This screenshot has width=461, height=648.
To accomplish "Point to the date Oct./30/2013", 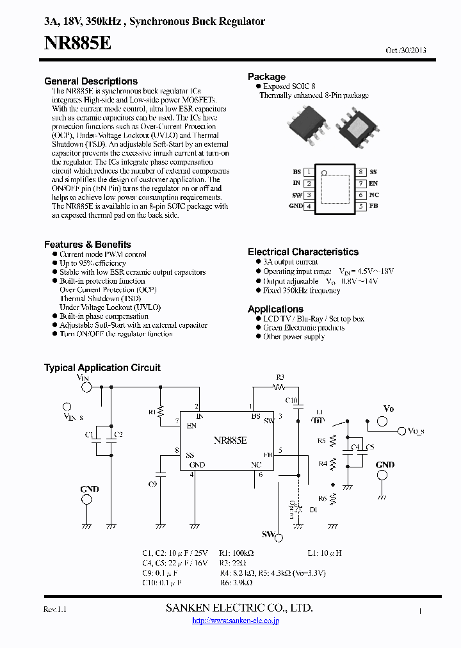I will tap(406, 51).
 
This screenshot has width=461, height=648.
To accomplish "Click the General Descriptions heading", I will tap(91, 81).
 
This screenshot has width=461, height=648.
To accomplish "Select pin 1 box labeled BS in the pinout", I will tap(309, 172).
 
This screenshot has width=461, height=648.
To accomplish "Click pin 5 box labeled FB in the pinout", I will tap(361, 206).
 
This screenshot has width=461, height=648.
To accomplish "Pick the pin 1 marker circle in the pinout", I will tap(324, 173).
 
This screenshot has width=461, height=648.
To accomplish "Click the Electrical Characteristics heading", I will tap(303, 252).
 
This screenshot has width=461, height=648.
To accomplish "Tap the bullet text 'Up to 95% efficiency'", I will tap(93, 263).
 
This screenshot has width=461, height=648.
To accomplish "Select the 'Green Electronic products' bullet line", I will tap(303, 328).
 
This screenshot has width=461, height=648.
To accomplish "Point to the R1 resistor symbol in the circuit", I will tap(161, 411).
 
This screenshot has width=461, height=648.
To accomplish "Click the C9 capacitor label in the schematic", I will tap(152, 483).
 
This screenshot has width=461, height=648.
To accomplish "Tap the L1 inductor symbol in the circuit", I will tap(317, 421).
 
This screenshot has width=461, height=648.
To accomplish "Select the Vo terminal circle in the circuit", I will tap(382, 421).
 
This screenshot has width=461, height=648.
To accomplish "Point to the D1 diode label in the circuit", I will tap(313, 511).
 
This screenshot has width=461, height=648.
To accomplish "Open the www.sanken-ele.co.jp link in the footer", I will tap(236, 620).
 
